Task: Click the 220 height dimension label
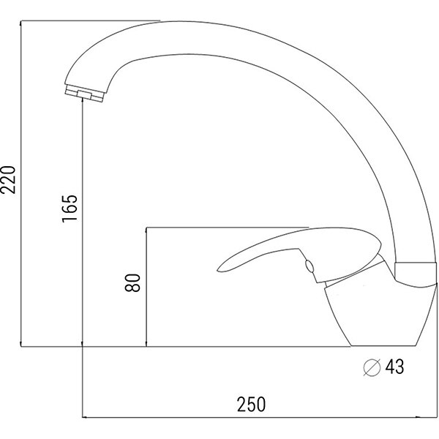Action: (x=8, y=179)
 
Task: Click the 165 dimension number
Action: (x=70, y=209)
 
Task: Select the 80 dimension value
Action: (x=132, y=282)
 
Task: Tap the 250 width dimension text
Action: (x=251, y=405)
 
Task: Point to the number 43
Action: (x=395, y=367)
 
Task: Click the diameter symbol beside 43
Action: (x=372, y=367)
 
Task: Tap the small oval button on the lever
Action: (x=309, y=266)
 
